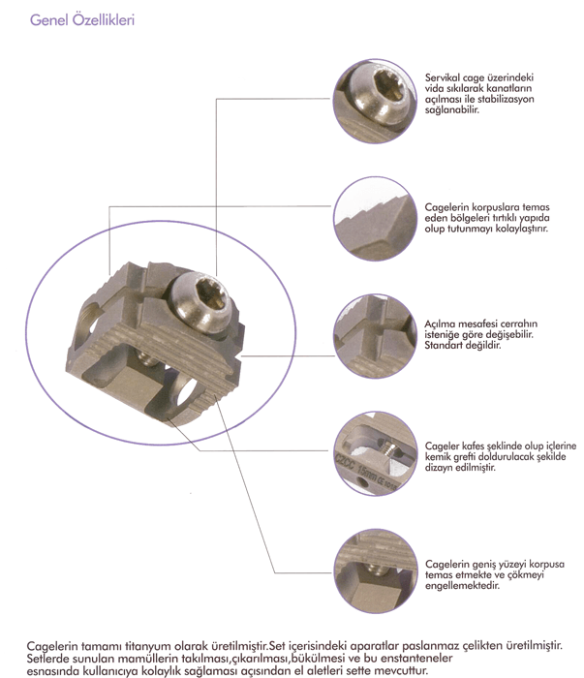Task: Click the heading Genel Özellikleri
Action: [x=82, y=20]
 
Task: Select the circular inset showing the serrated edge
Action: [x=375, y=218]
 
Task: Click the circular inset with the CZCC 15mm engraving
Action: [x=375, y=453]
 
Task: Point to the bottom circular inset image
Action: [x=376, y=570]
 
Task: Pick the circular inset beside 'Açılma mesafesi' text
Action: [x=375, y=336]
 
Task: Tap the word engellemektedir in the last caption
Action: [x=462, y=585]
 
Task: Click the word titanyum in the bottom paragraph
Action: [x=147, y=646]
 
